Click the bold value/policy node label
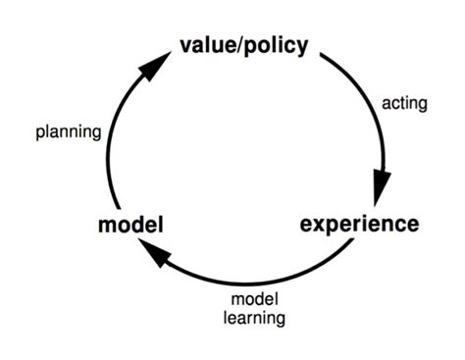tap(243, 45)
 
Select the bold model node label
tap(129, 226)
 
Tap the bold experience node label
tap(358, 224)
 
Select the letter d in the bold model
tap(135, 226)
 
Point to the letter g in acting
tap(421, 104)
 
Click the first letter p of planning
tap(38, 132)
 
